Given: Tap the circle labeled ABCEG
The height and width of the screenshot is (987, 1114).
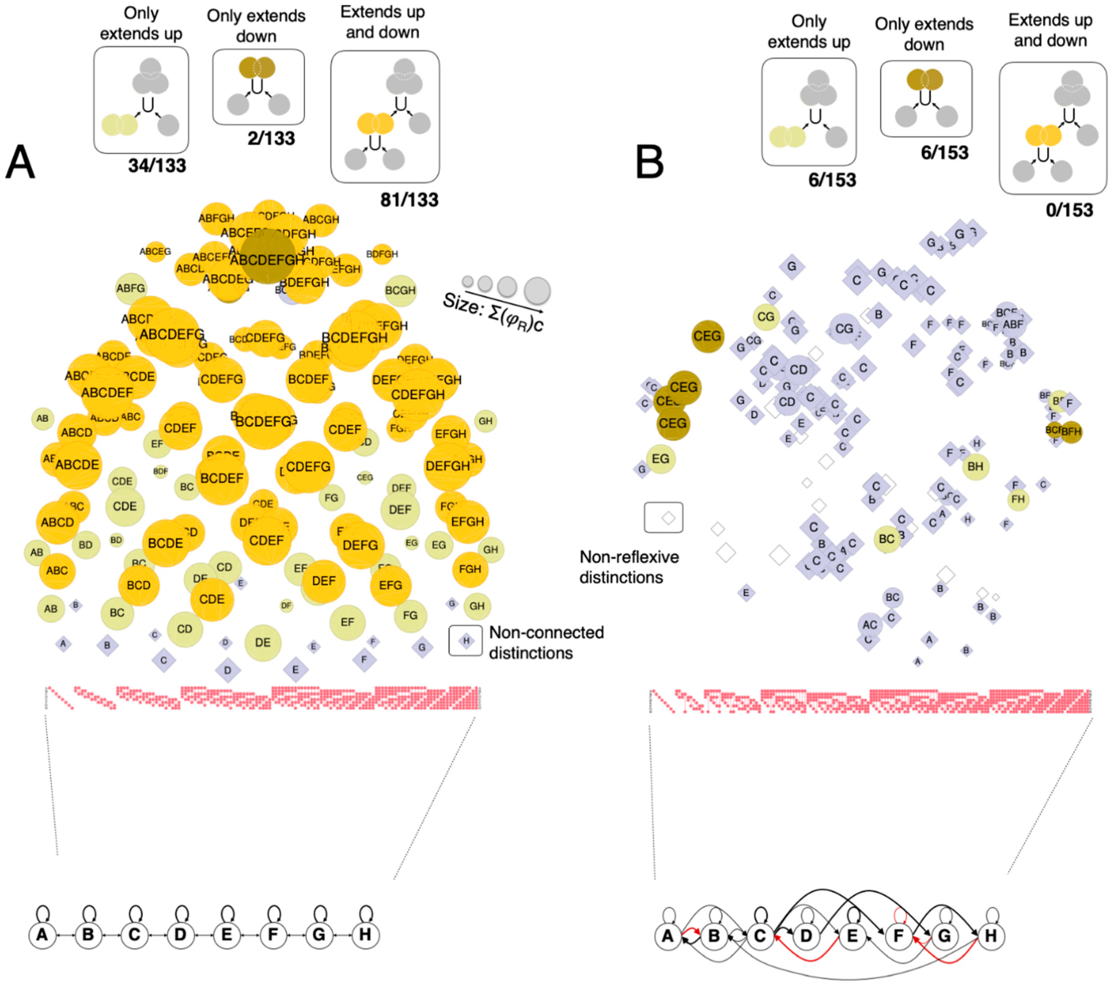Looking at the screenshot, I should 155,251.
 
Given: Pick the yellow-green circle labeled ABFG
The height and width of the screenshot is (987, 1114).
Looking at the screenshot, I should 131,288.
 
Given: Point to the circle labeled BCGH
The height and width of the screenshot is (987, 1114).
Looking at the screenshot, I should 400,290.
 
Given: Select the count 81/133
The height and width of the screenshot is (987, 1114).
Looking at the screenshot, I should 409,200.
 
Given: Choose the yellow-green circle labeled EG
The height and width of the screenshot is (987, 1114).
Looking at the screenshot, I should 660,459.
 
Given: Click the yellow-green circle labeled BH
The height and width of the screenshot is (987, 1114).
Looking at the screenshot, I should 975,466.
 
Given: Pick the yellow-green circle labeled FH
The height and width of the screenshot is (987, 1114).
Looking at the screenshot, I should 1018,499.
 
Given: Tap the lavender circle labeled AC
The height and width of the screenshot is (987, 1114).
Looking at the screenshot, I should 870,625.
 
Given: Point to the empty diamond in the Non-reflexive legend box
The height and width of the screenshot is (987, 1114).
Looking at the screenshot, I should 668,518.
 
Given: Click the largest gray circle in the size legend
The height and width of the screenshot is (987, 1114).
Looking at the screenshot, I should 537,290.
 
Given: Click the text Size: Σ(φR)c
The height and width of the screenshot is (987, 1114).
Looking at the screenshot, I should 493,312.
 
